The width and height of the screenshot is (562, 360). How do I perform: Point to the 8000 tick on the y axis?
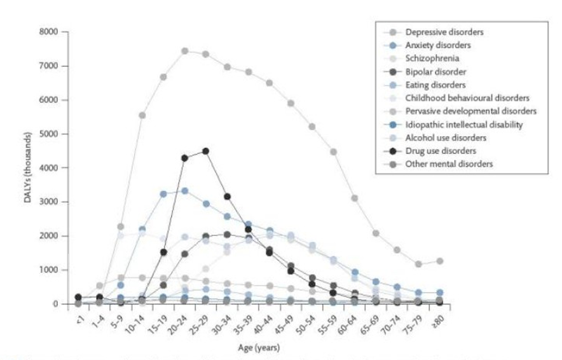[x=50, y=32]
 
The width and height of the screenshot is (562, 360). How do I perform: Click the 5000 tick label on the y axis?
[x=50, y=134]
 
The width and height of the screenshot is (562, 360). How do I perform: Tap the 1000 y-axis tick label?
[x=50, y=270]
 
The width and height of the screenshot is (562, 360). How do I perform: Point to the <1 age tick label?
[x=78, y=315]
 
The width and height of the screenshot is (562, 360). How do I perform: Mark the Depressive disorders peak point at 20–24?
[x=184, y=51]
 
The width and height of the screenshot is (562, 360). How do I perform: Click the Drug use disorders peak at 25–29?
[x=205, y=151]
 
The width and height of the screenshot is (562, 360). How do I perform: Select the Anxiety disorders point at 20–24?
[x=184, y=191]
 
